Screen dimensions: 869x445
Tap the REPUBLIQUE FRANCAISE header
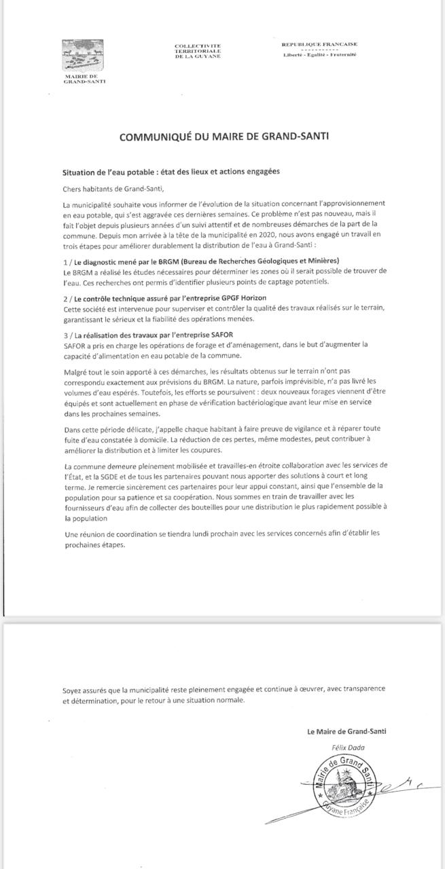[319, 45]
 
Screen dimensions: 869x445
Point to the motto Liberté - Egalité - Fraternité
[319, 55]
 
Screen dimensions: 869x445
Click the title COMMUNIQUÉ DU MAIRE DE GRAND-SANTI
[224, 136]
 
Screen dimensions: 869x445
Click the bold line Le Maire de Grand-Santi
[346, 731]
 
